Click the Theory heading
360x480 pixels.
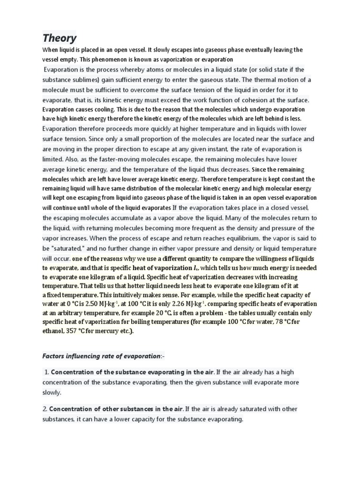(60, 37)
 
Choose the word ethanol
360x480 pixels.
(54, 331)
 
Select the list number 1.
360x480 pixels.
(47, 372)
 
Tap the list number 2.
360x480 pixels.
(45, 409)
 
